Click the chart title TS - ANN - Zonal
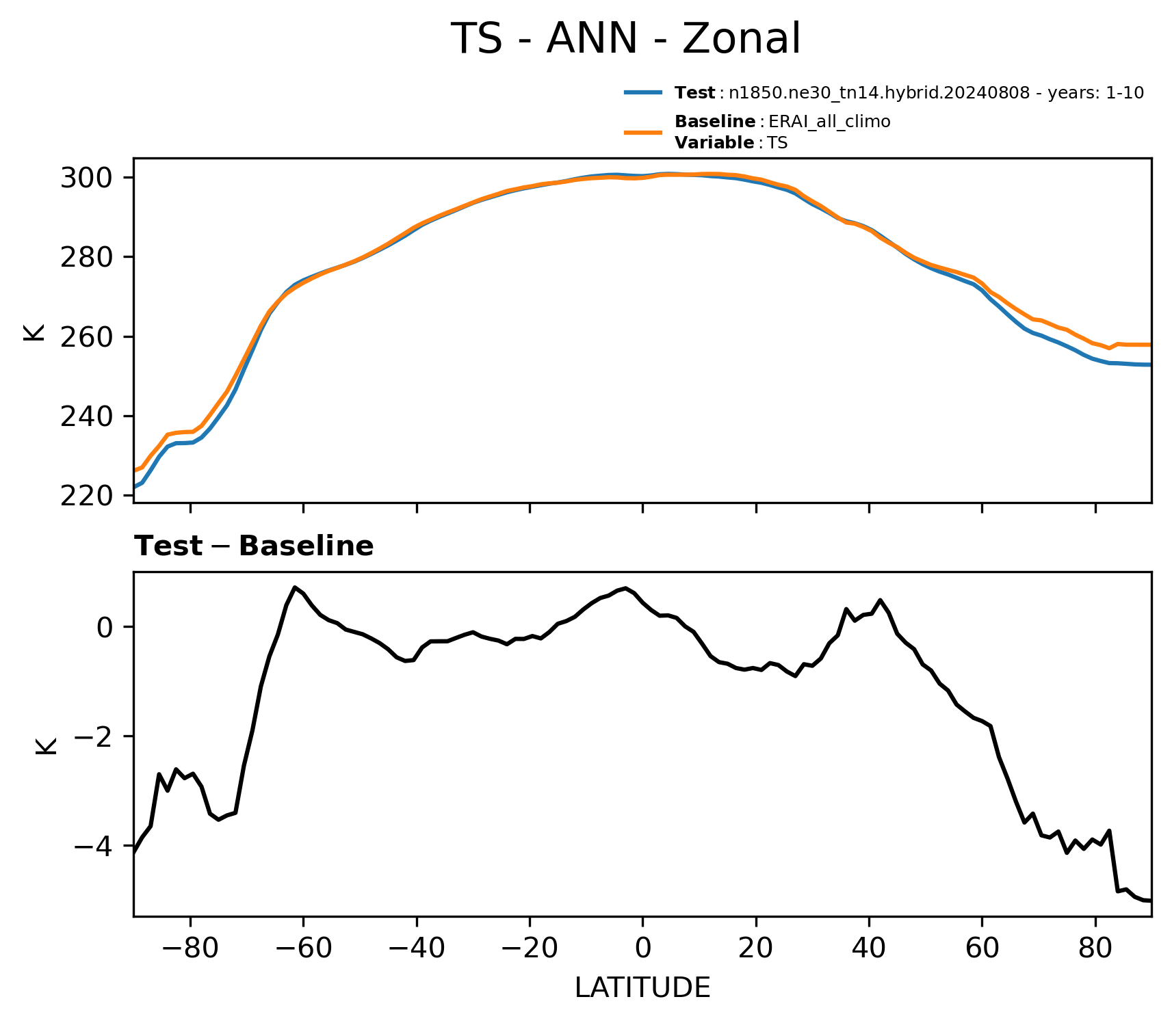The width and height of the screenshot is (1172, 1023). pos(625,39)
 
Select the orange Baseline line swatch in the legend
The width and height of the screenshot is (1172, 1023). pos(643,132)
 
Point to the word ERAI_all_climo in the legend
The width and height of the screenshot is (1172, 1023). pos(829,122)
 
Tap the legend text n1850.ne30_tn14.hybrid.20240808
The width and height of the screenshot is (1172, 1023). pos(879,93)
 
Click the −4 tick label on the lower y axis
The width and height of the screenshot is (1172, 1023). pos(94,847)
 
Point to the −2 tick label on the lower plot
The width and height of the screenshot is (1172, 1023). pos(94,737)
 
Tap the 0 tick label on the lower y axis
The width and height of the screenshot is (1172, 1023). pos(105,628)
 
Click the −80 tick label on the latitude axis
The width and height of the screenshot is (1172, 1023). pos(190,948)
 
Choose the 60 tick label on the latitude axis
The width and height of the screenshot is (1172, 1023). pos(982,948)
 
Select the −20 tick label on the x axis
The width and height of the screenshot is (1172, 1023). pos(530,948)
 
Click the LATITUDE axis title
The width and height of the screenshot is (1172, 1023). pos(642,988)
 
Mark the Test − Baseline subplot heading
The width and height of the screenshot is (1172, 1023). pos(254,546)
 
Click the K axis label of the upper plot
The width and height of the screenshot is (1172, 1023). pos(34,332)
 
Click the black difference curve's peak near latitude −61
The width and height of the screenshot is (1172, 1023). pos(295,587)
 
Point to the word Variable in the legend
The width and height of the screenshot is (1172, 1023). pos(714,143)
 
